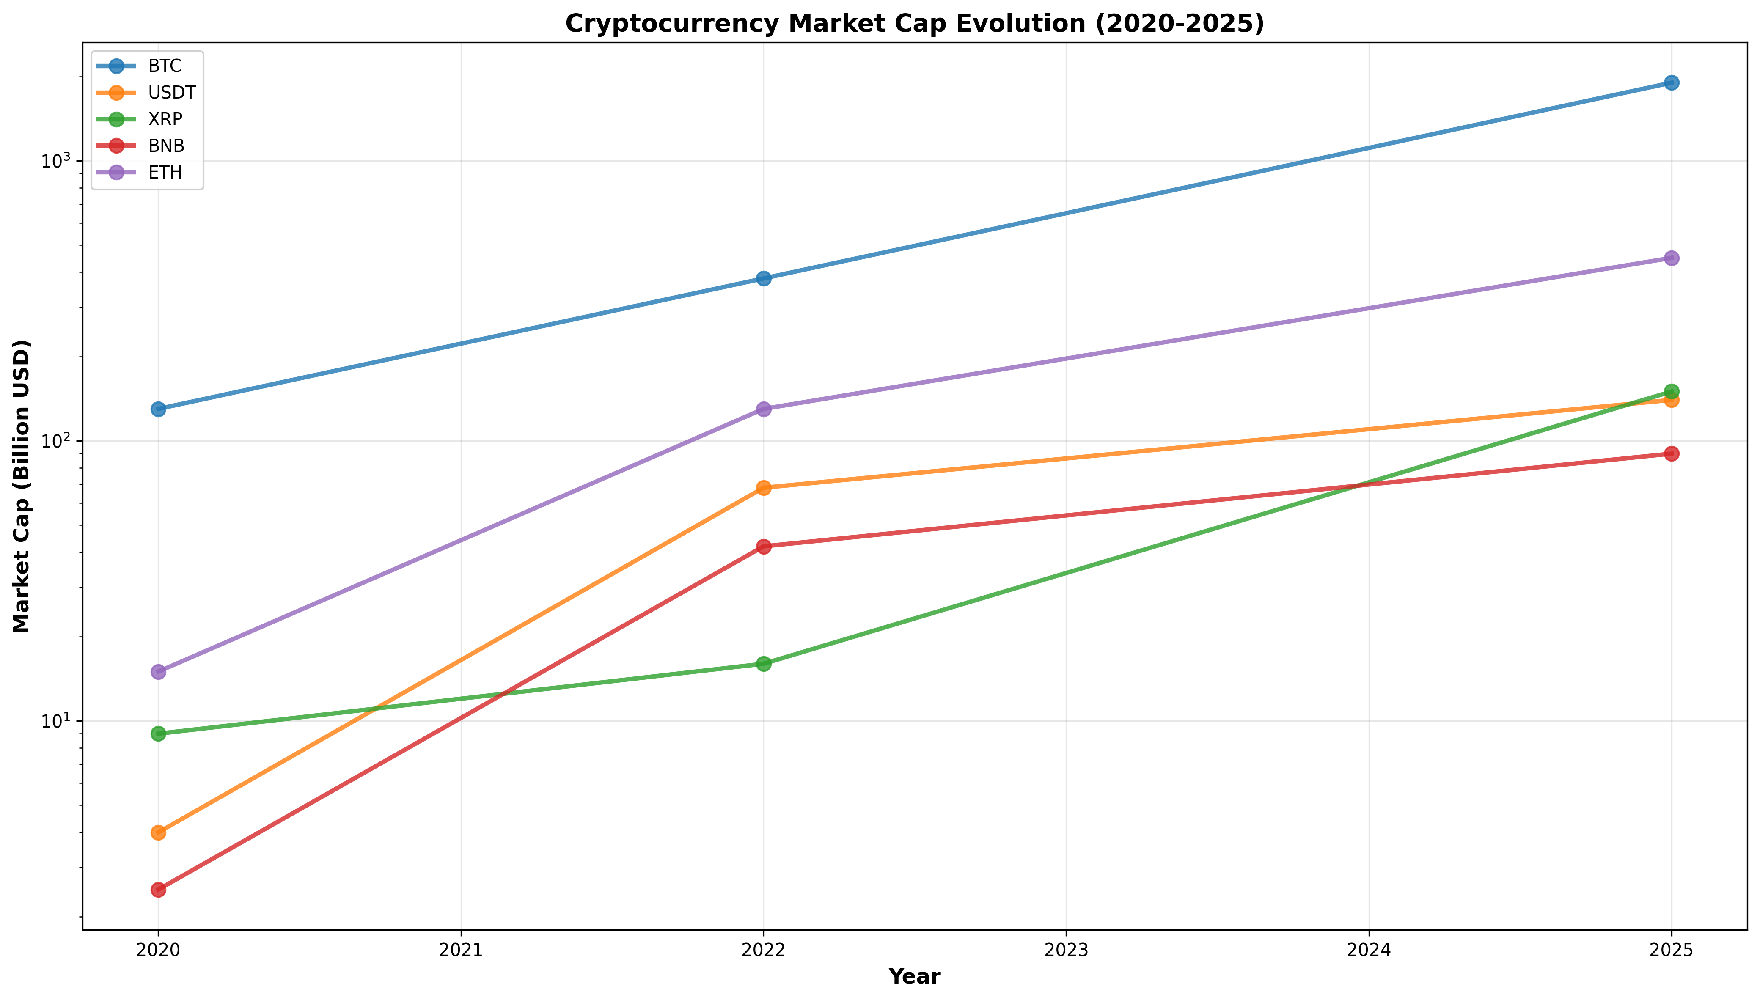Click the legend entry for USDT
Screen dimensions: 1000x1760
(172, 93)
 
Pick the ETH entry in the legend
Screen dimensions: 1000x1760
(165, 173)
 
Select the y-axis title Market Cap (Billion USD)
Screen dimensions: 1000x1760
(22, 486)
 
